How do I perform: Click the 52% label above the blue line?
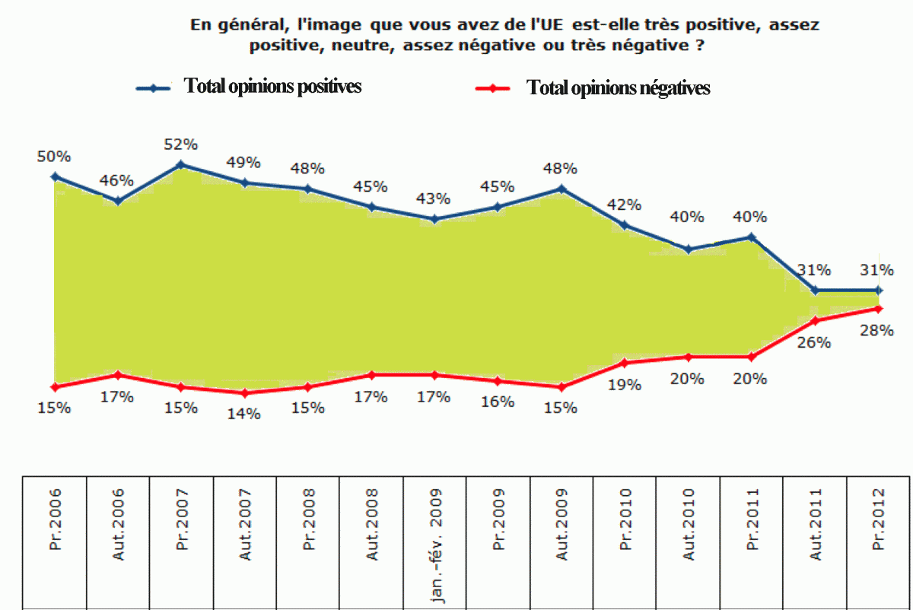[181, 144]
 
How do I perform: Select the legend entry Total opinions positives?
[272, 86]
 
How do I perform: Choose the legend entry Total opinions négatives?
[618, 88]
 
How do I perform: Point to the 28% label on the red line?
[877, 331]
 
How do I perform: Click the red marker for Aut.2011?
[815, 320]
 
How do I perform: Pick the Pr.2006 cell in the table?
[55, 542]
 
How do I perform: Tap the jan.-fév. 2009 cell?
[435, 542]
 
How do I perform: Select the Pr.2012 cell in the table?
[879, 542]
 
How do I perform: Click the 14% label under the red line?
[245, 414]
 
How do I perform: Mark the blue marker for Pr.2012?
[879, 290]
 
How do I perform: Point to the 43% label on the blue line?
[434, 199]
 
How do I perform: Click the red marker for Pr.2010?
[625, 363]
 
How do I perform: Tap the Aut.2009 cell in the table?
[562, 542]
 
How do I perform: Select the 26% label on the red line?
[815, 342]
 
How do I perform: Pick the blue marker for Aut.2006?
[117, 201]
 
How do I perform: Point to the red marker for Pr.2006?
[55, 386]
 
